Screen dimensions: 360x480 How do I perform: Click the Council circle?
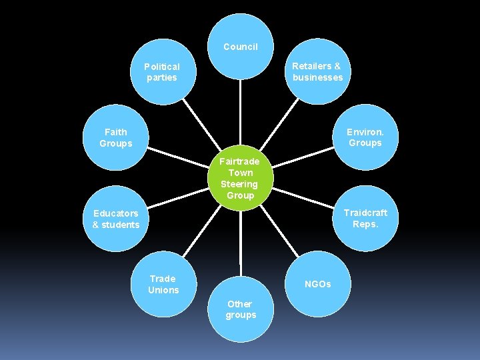coord(240,47)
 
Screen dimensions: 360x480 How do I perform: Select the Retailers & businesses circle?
coord(317,71)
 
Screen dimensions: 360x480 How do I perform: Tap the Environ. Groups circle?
coord(365,137)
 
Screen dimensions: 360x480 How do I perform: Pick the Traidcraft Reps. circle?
coord(365,218)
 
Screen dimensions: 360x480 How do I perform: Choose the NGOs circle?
coord(317,284)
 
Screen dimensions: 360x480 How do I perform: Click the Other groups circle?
coord(240,309)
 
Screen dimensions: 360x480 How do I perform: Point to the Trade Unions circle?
coord(163,284)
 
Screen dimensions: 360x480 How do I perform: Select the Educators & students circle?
coord(116,219)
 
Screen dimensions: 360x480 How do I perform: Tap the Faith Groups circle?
coord(116,137)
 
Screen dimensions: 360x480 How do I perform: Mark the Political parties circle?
coord(162,72)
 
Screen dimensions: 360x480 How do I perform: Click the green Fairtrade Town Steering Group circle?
coord(240,178)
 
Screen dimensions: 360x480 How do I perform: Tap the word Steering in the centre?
coord(239,184)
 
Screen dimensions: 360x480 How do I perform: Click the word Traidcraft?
coord(365,213)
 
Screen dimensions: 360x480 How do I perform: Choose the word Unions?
coord(163,290)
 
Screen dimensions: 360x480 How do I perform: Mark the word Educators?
coord(116,213)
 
